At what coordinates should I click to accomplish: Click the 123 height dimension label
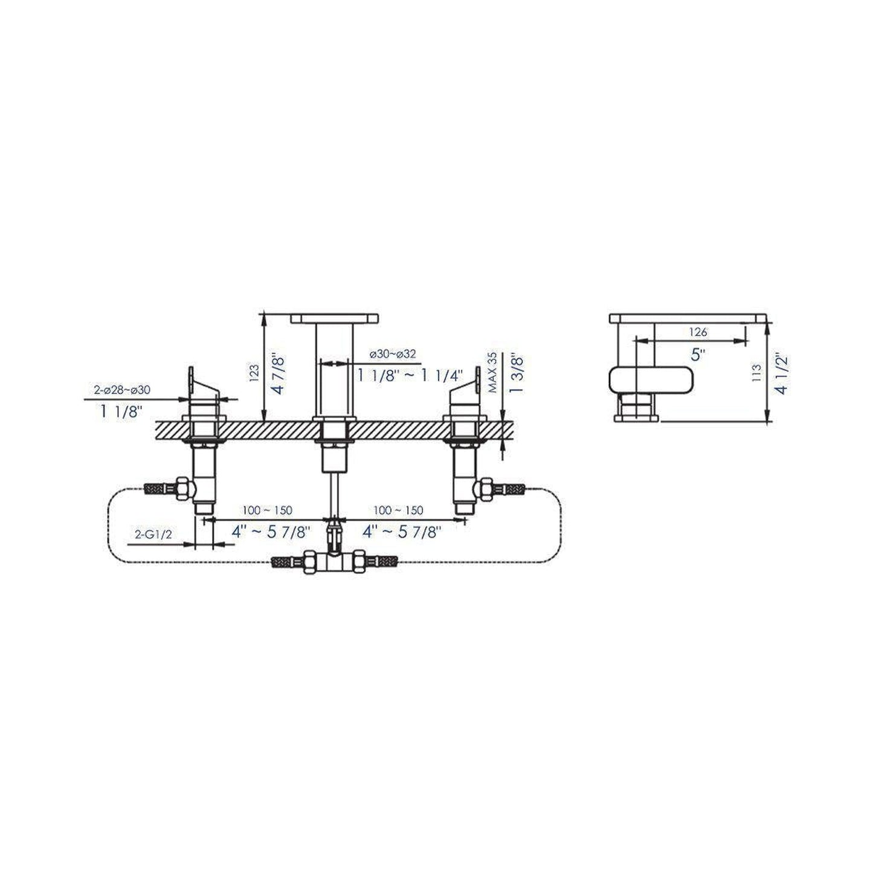[254, 373]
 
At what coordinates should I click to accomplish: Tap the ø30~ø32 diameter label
[393, 353]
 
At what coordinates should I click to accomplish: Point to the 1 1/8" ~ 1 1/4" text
[410, 375]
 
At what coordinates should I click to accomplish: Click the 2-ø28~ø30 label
[123, 390]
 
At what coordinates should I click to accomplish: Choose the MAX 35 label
[492, 373]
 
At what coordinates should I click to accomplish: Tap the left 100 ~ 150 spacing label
[267, 511]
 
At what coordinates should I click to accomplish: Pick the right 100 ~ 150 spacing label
[398, 511]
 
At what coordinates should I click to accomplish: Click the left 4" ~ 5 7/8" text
[272, 532]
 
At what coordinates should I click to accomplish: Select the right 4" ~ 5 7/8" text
[402, 532]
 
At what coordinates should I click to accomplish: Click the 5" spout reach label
[698, 355]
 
